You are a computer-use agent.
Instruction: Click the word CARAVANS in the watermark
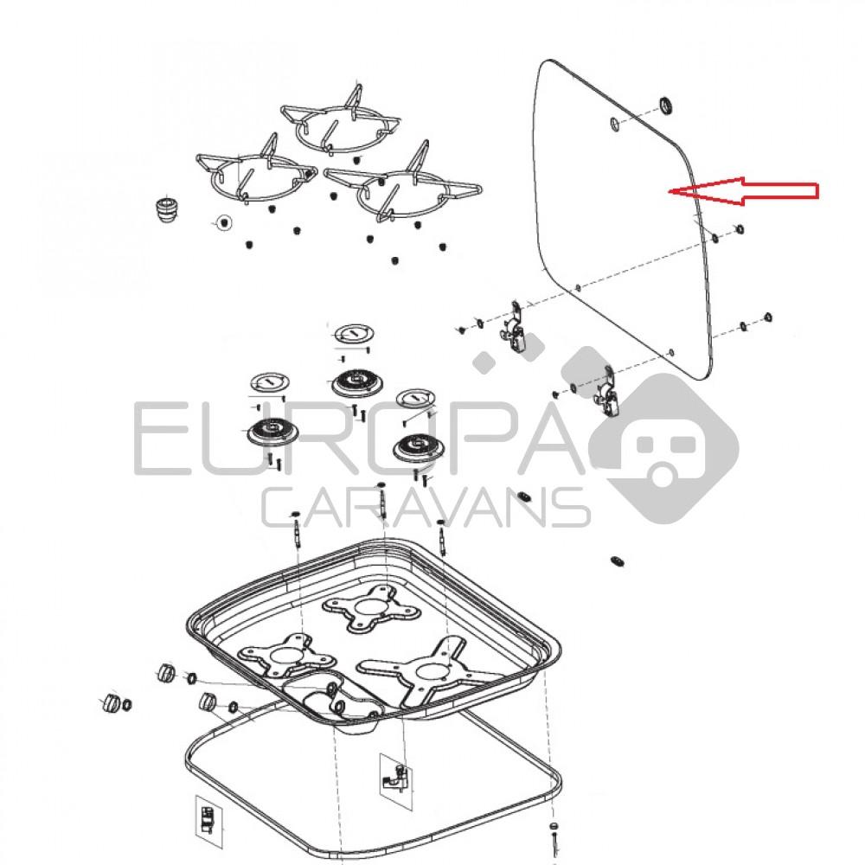[426, 507]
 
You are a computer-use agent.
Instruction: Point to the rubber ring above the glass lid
[667, 106]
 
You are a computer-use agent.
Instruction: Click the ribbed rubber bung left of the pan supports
[168, 209]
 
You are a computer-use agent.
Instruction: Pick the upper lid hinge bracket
[514, 328]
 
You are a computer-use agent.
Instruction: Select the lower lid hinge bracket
[605, 393]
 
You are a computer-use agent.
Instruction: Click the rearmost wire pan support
[341, 121]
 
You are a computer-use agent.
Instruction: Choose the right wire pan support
[403, 186]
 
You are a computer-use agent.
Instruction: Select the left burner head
[272, 431]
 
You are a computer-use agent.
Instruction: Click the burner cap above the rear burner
[354, 333]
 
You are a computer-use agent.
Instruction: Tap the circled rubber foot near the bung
[223, 222]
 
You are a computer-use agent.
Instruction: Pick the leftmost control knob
[112, 702]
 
